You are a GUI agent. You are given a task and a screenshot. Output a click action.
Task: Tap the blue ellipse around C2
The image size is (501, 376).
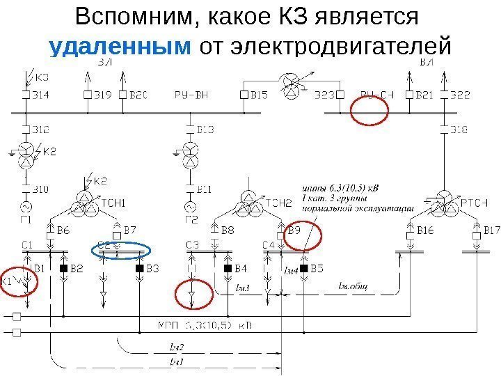pos(122,250)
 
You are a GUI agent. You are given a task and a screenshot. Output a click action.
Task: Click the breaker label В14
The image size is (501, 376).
pos(41,93)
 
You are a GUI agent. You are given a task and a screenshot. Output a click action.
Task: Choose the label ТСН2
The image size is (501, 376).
pos(278,203)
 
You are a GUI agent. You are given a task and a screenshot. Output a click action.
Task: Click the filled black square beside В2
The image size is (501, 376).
pos(63,268)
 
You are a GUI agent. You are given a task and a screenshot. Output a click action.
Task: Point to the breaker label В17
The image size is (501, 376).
pos(491,230)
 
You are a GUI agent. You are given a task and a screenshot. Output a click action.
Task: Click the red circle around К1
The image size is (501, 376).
pos(19,281)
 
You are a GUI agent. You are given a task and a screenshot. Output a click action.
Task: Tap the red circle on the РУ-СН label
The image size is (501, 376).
pos(369,109)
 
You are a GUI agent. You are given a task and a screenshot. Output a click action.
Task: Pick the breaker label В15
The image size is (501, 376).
pos(259,93)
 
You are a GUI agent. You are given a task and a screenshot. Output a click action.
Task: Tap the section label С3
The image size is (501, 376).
pos(193,244)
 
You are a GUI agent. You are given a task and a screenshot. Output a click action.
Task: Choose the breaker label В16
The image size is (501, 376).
pos(425,230)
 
